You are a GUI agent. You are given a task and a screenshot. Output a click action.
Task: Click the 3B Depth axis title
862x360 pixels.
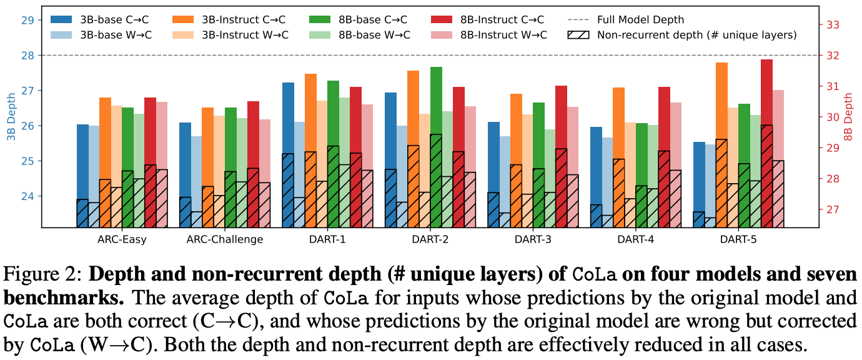point(11,126)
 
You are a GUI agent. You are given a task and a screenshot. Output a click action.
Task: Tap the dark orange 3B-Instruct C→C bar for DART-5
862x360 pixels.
point(721,144)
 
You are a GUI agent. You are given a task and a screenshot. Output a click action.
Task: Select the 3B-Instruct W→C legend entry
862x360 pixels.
point(244,35)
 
